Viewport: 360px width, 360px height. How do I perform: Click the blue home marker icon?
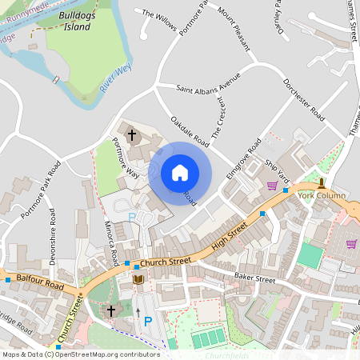pos(180,172)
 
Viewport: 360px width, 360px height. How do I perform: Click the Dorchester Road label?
pos(303,100)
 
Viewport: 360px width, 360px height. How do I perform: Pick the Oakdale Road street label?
pos(190,132)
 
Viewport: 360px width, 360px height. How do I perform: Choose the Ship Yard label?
pos(276,170)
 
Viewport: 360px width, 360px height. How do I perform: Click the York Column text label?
pos(322,195)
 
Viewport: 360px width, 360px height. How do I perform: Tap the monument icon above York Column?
pos(322,183)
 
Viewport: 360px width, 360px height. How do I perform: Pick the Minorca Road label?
pos(112,244)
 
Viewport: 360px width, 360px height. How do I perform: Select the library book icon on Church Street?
pos(138,279)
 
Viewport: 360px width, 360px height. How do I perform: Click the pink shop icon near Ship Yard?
pos(272,186)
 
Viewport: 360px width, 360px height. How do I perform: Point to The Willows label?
pos(158,15)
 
